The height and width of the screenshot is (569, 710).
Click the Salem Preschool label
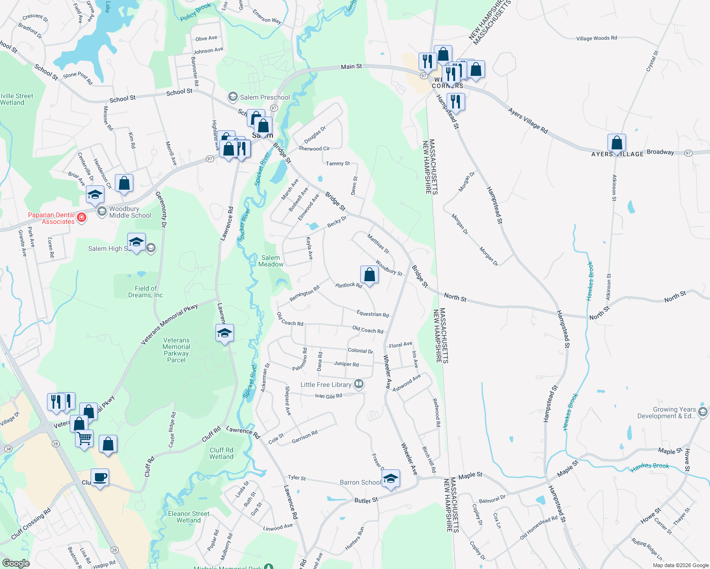coord(264,97)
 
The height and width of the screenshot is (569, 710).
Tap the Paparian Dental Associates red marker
coord(82,218)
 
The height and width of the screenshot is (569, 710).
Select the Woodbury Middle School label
coord(130,212)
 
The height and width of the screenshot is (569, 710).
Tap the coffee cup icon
coord(100,477)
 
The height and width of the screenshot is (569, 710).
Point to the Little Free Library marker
coord(359,384)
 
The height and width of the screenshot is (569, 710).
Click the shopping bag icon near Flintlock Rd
coord(369,275)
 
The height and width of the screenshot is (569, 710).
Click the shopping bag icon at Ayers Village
coord(617,142)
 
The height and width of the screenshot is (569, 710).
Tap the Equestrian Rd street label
coord(373,314)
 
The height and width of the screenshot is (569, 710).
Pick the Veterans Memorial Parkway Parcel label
coord(176,350)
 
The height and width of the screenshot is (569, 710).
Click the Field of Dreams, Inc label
coord(145,292)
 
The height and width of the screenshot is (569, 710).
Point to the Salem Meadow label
coord(271,261)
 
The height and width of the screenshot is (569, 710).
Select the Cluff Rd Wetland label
coord(221,453)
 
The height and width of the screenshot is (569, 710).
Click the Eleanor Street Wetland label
coord(188,517)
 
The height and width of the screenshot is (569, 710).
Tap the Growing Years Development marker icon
coord(703,412)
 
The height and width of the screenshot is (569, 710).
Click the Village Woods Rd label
coord(597,38)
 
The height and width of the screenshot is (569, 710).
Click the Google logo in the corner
coord(16,563)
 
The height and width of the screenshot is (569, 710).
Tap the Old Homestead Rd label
coord(539,528)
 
